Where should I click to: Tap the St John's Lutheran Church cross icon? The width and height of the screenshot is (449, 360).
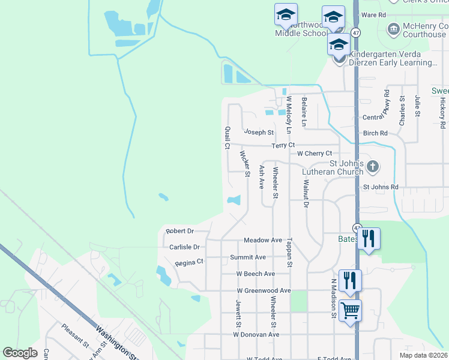(x=373, y=166)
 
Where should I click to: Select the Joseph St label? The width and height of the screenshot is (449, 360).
(x=259, y=132)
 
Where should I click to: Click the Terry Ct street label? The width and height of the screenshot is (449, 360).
(x=283, y=146)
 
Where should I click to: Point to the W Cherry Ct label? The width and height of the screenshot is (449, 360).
(x=315, y=154)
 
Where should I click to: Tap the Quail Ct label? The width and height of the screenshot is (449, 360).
(x=228, y=137)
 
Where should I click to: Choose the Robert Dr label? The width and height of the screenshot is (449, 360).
(x=180, y=231)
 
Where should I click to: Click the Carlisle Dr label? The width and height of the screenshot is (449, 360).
(x=184, y=247)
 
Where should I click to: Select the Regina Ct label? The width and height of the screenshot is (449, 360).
(x=189, y=262)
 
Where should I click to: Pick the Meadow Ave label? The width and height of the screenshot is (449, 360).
(x=262, y=240)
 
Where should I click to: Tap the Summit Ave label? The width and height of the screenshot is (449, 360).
(x=248, y=257)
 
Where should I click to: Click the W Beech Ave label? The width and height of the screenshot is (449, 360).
(x=255, y=274)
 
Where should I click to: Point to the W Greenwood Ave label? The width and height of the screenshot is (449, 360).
(x=264, y=290)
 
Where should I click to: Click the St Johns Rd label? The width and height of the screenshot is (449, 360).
(x=381, y=187)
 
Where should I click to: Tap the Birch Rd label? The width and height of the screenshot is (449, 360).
(x=375, y=133)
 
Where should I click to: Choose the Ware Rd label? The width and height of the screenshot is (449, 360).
(x=373, y=14)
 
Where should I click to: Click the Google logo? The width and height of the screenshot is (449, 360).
(x=20, y=353)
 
